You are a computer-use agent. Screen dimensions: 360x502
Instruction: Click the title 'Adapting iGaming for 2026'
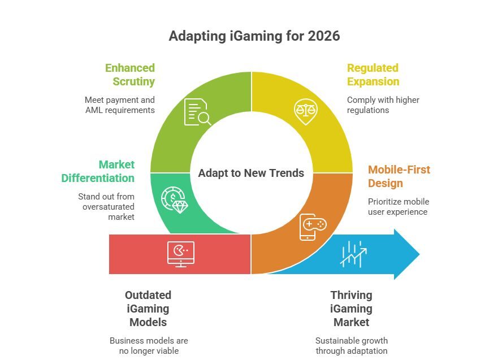coord(254,36)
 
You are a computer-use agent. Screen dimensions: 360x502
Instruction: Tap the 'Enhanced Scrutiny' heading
coord(129,75)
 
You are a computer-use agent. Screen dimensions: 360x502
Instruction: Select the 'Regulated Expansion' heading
coord(373,75)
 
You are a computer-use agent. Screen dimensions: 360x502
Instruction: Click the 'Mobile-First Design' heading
coord(399,176)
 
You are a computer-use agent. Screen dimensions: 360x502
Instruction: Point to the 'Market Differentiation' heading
coord(98,171)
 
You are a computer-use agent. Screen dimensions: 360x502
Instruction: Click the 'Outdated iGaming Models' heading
coord(148,309)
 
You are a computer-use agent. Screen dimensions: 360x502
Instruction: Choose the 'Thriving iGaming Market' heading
coord(351,309)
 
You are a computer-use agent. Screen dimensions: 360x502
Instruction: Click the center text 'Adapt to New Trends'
coord(251,173)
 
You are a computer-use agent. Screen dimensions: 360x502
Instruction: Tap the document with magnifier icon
coord(197,111)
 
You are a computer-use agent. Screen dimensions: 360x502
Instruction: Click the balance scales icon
coord(306,111)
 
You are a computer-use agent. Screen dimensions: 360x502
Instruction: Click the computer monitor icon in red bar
coord(181,254)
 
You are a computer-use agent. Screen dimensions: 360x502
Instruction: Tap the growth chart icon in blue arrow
coord(354,254)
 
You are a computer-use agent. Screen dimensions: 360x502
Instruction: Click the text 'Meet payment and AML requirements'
coord(120,105)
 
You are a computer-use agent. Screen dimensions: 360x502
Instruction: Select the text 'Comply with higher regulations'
coord(383,105)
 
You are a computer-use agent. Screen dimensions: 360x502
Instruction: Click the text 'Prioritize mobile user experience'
coord(399,207)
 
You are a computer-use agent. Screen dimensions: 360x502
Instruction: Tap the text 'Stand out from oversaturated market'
coord(106,207)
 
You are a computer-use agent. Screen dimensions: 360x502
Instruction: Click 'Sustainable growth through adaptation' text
coord(351,346)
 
